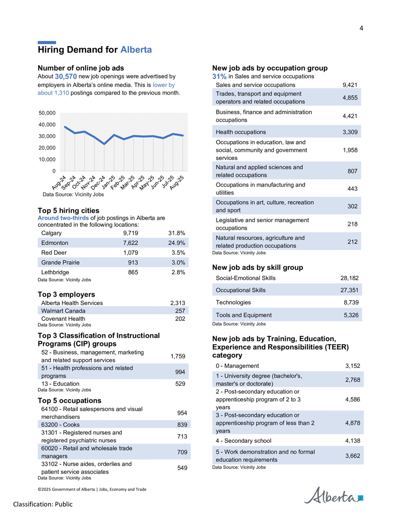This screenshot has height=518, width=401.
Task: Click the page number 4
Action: point(361,29)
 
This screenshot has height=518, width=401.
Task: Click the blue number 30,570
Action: point(66,77)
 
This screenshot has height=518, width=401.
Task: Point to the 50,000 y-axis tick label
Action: point(47,113)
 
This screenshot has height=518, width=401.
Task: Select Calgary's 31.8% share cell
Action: point(176,233)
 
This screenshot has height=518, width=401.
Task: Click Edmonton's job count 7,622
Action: point(130,243)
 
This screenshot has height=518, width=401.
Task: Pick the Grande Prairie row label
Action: point(60,263)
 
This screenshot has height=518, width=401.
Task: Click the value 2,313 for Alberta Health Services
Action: point(177,303)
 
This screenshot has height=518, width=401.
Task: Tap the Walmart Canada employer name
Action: point(63,311)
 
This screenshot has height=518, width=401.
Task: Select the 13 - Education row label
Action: point(60,384)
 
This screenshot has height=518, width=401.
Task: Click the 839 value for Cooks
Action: point(182,425)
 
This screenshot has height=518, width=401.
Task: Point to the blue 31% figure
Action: point(220,77)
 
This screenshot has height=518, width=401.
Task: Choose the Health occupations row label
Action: point(241,132)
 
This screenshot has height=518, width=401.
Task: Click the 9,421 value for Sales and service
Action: point(350,85)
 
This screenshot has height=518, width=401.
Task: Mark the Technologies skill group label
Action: point(233,303)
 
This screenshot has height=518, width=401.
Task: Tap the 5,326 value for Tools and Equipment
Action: point(351,315)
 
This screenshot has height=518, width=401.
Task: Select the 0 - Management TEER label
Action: point(237,366)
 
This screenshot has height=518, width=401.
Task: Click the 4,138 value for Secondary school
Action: point(353,441)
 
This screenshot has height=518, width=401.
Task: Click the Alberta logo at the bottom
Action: point(333,495)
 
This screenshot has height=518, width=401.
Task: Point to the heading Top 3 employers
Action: point(66,294)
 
